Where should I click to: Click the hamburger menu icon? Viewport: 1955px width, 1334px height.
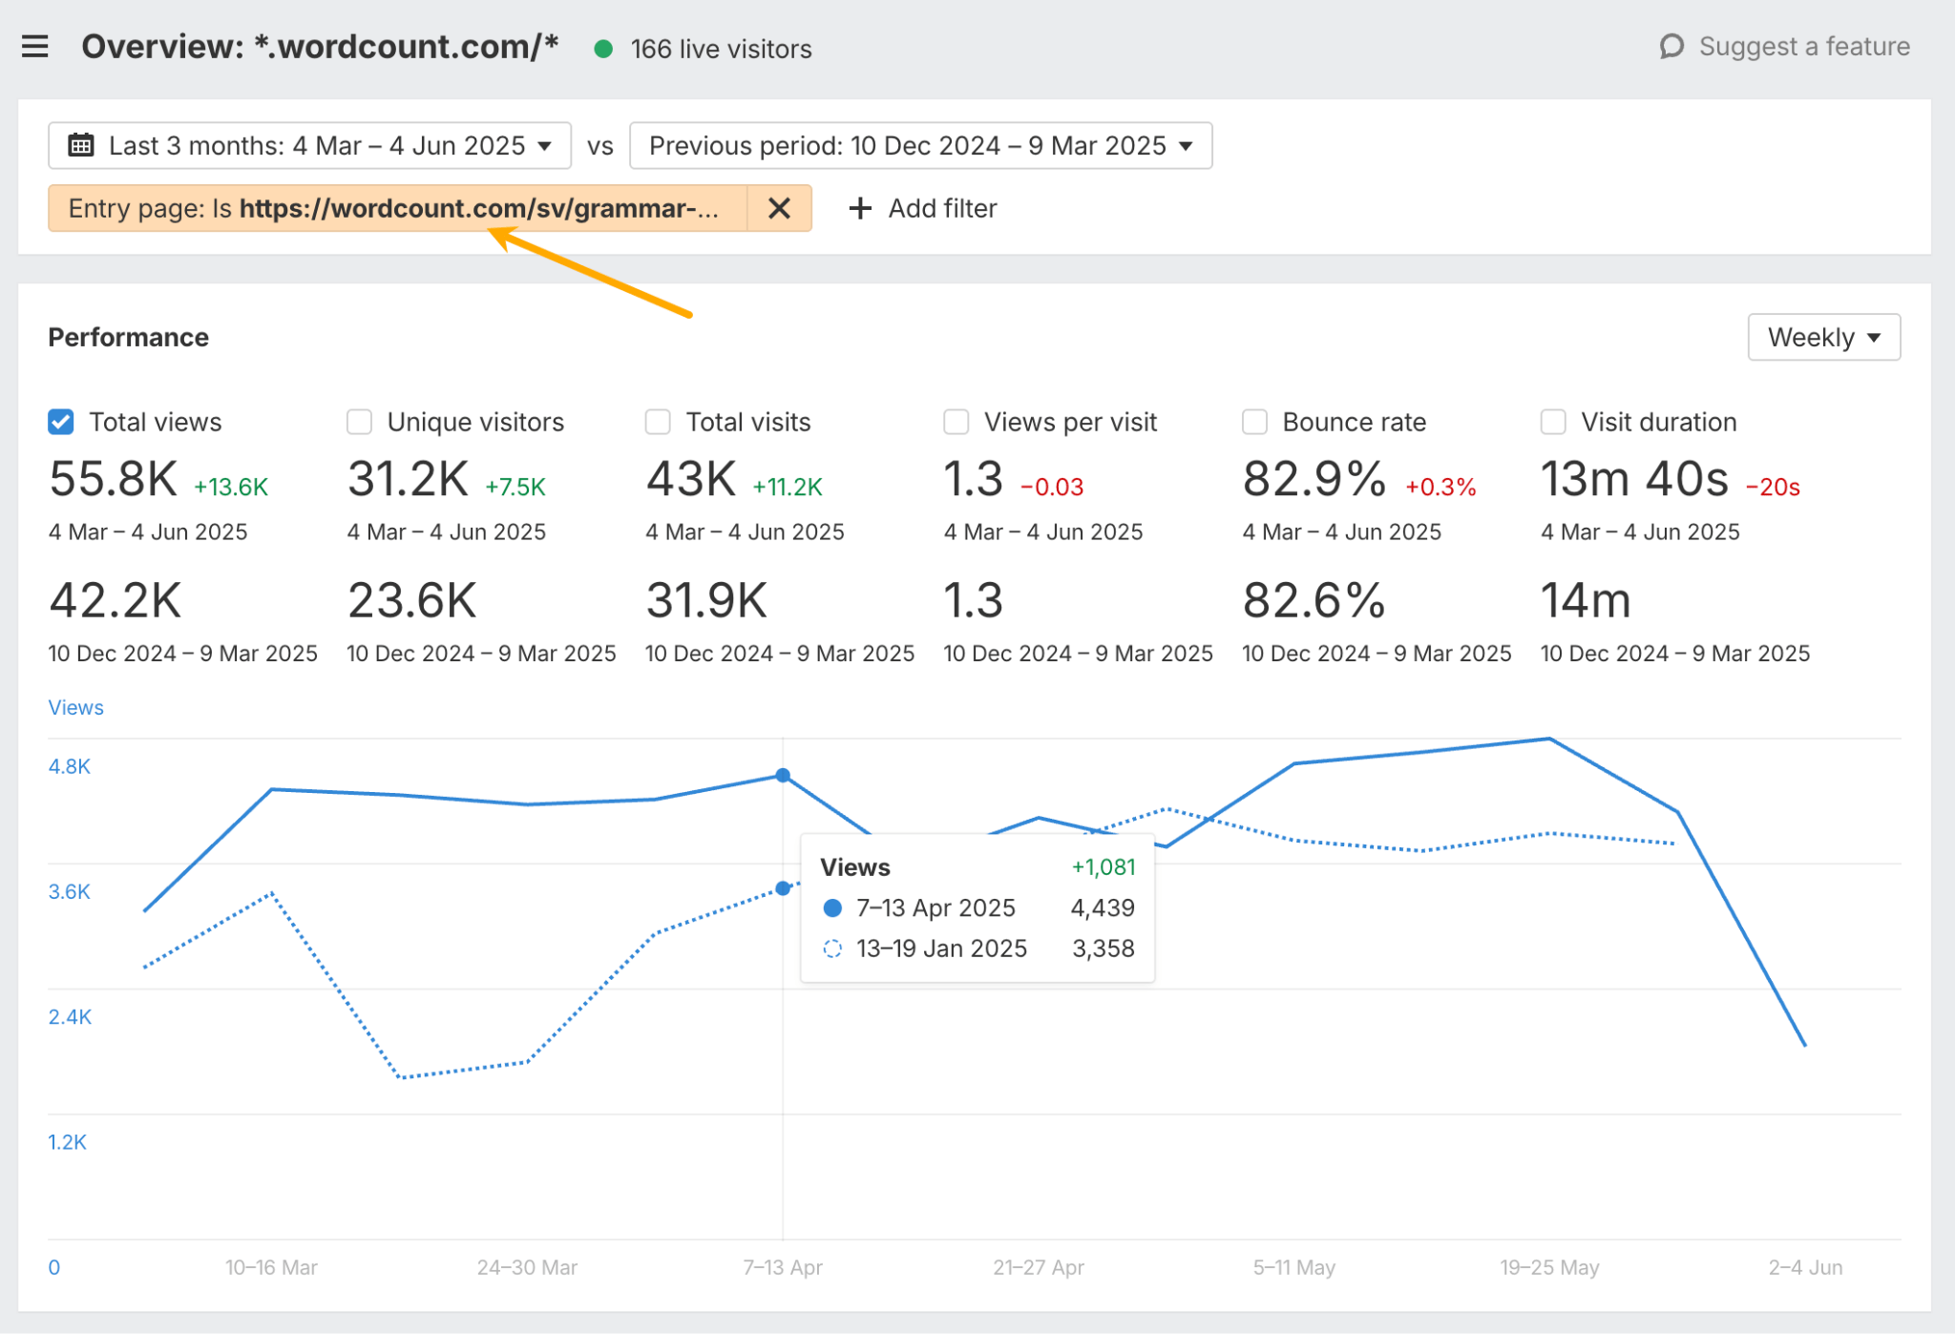35,46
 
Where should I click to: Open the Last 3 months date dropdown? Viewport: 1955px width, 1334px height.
310,146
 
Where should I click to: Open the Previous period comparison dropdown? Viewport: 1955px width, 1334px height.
920,146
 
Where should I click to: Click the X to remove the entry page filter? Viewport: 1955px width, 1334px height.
779,208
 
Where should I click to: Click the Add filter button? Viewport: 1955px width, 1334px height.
923,208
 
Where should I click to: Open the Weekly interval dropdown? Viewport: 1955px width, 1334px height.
1823,337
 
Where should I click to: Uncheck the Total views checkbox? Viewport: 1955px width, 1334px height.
61,422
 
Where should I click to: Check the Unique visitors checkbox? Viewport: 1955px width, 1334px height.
360,422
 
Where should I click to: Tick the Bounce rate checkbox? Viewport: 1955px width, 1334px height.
1254,422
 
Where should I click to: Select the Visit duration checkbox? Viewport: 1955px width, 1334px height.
1553,422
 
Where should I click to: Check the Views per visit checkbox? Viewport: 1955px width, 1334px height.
956,422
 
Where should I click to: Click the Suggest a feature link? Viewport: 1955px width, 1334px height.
1785,47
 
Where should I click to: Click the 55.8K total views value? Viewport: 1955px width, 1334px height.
114,479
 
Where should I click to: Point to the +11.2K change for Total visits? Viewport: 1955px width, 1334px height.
788,488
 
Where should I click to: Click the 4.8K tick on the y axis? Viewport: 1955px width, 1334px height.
70,766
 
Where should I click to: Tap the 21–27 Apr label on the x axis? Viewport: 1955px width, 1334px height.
1039,1267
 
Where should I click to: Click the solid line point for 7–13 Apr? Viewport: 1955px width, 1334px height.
783,776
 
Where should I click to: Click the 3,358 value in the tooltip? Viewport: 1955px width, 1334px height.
1103,948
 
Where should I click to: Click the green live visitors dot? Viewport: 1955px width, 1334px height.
603,49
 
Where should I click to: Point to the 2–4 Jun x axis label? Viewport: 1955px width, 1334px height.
1804,1267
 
